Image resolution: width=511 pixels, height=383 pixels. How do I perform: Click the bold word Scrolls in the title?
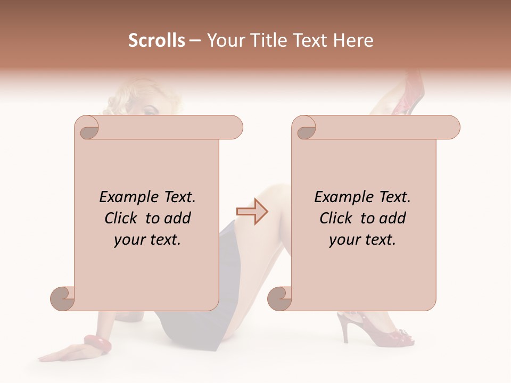tap(157, 40)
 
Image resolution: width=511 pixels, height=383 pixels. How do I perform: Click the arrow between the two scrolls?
tap(252, 212)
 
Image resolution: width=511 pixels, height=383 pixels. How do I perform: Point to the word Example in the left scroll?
tap(125, 197)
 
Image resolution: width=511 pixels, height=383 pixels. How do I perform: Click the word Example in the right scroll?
tap(340, 197)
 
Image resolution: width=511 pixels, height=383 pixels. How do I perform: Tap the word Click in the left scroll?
tap(116, 219)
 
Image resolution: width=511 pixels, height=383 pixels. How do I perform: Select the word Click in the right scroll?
tap(331, 219)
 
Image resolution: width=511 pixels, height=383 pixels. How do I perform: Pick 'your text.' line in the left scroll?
tap(147, 240)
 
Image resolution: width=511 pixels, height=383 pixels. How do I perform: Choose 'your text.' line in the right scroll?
tap(362, 240)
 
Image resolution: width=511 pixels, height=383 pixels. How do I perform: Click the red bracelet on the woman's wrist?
tap(97, 345)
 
